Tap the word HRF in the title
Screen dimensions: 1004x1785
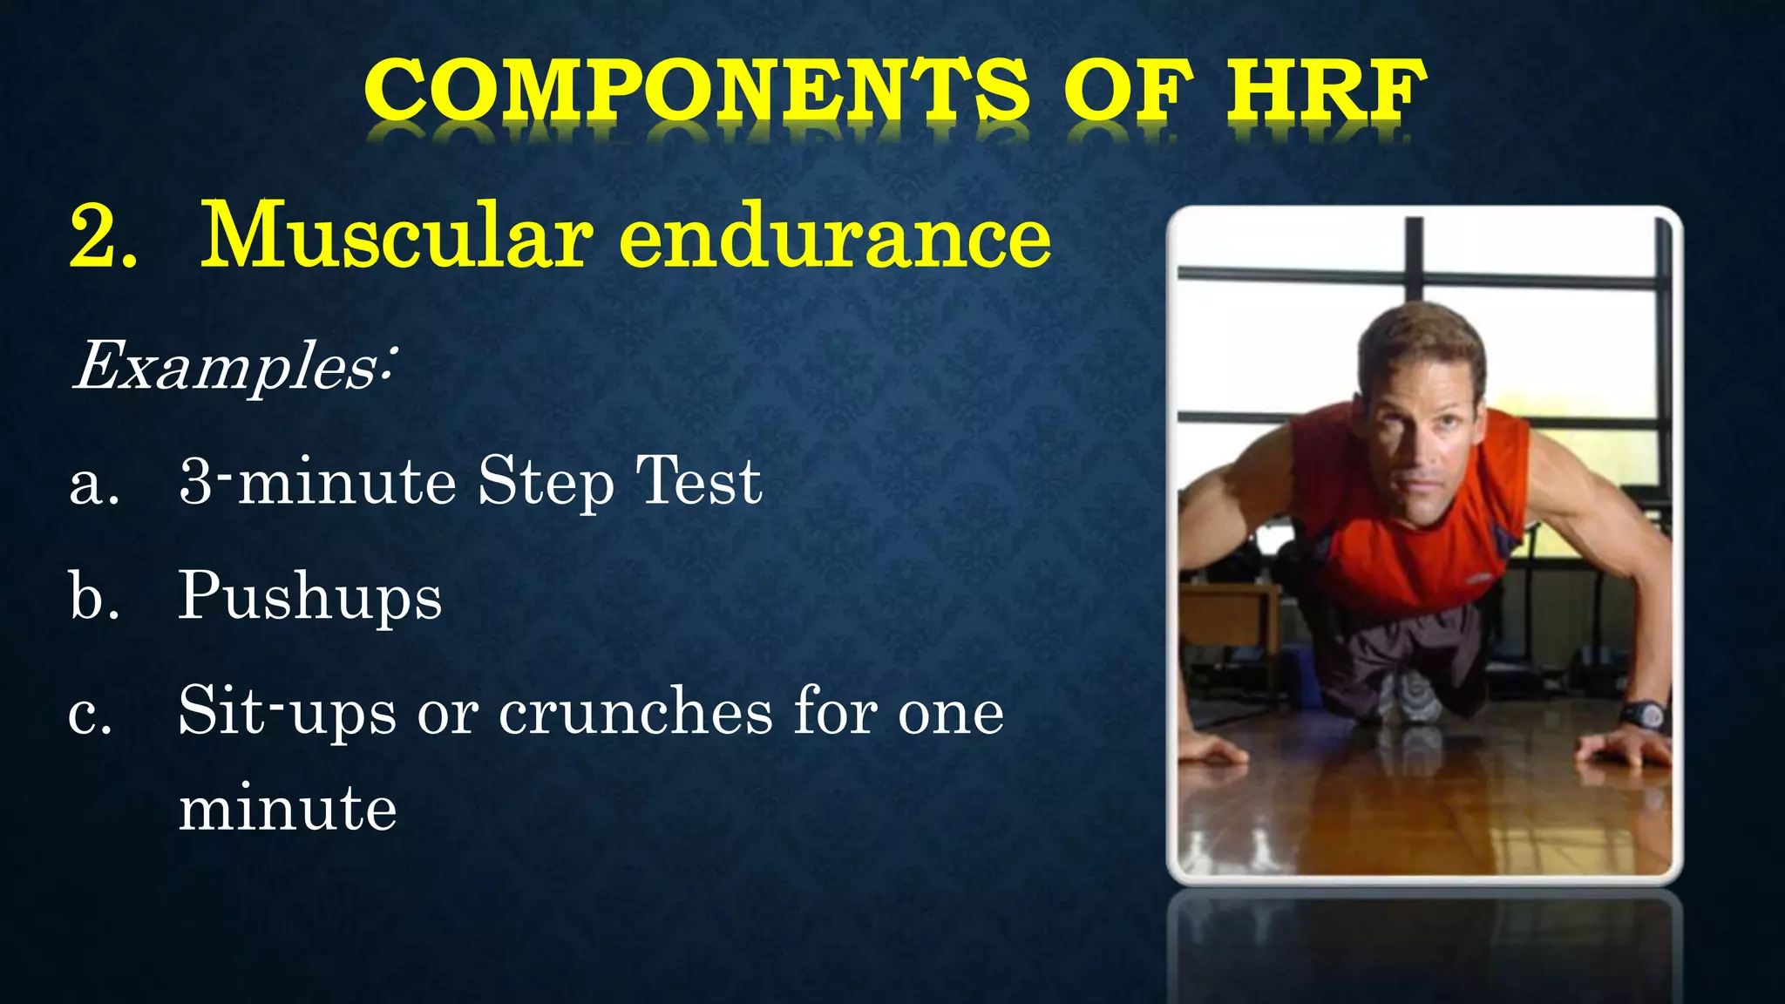[1327, 91]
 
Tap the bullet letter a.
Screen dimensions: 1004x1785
[92, 485]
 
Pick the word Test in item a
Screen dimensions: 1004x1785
[698, 481]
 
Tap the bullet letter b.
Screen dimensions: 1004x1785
[92, 596]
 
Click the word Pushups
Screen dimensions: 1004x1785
[310, 598]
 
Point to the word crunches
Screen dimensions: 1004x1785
[635, 713]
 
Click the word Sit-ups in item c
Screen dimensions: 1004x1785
[287, 713]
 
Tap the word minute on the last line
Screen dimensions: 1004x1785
[288, 809]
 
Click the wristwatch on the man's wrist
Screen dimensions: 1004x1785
[1644, 715]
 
